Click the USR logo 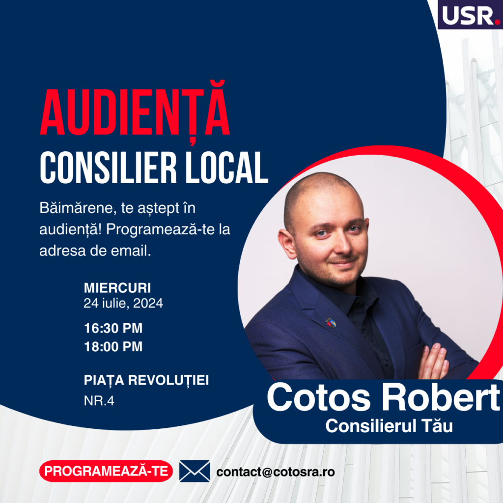[470, 14]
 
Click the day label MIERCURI [117, 288]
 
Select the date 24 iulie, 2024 [123, 303]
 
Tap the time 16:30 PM [113, 328]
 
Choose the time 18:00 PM [113, 346]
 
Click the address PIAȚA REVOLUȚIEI [146, 381]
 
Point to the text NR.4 [99, 401]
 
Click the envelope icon [195, 471]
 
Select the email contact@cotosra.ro [276, 472]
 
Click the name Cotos [318, 397]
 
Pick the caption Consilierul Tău [389, 426]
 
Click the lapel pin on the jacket [331, 322]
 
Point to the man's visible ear [287, 244]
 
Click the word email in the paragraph [131, 251]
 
